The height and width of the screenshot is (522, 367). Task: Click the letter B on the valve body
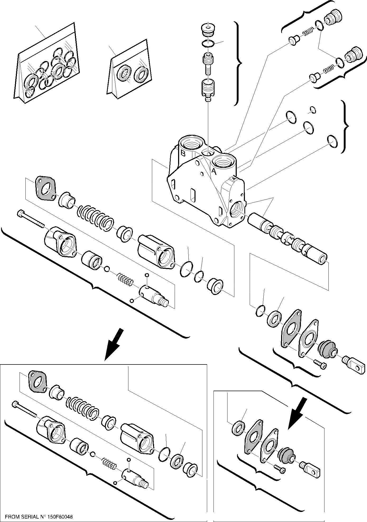point(183,153)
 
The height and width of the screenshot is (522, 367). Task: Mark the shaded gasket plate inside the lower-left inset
point(37,381)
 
